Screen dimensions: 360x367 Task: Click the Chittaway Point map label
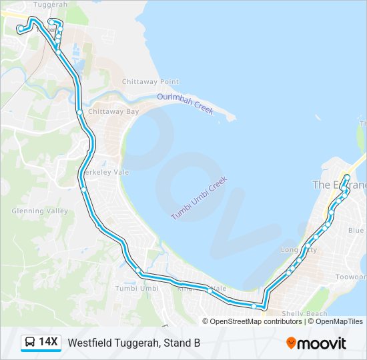tap(150, 81)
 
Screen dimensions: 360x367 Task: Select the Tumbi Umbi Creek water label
tap(199, 198)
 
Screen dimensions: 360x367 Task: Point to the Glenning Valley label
tap(39, 211)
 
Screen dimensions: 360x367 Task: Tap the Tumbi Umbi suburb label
tap(137, 288)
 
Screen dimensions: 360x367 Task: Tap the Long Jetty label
tap(298, 249)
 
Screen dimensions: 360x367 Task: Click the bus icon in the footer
tap(30, 343)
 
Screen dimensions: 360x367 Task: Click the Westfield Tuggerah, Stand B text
tap(134, 343)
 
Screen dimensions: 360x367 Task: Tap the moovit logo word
tap(322, 343)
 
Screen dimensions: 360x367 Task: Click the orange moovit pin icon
tap(292, 343)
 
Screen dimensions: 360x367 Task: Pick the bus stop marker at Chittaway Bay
tap(79, 113)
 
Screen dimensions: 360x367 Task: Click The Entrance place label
tap(339, 185)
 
